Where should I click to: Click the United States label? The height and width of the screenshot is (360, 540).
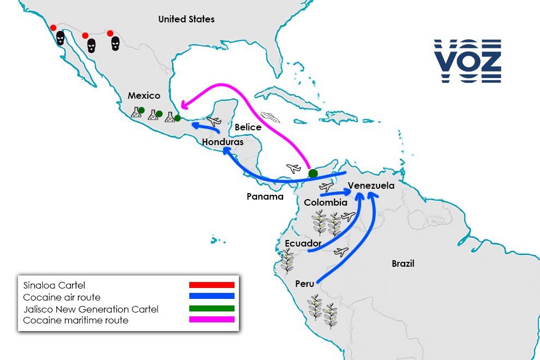coord(186,19)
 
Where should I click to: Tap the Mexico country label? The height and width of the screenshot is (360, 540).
coord(144,95)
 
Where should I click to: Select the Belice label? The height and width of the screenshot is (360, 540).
coord(248,127)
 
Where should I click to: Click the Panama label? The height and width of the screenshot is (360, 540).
coord(265,196)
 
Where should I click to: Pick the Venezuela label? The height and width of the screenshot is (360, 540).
coord(371,185)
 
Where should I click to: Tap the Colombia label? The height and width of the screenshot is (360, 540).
coord(326,202)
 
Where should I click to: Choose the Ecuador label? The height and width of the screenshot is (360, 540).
coord(303,243)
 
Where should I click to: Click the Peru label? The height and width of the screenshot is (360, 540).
coord(304,284)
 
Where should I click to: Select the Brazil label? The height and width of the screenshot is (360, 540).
coord(403,264)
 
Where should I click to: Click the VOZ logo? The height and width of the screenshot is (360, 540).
coord(467,61)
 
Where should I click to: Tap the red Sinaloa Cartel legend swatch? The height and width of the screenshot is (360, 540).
coord(212,285)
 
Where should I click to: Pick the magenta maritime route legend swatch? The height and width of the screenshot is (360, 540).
coord(212,320)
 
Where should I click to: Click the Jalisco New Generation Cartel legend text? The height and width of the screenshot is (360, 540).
coord(91,309)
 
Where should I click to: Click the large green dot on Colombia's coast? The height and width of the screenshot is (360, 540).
coord(313,173)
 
